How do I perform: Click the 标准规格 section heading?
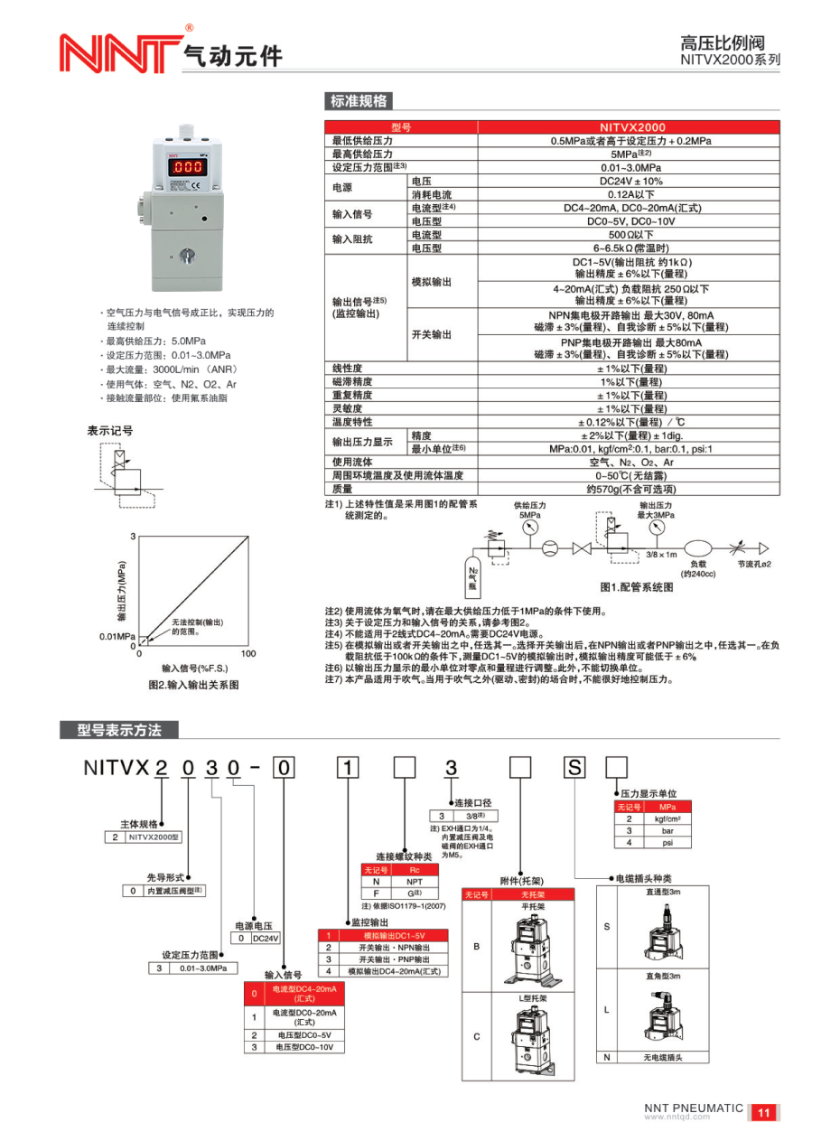coord(359,100)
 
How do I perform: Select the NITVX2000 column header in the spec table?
coord(632,127)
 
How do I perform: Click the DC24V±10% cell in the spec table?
coord(632,181)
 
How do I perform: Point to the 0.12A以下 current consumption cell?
coord(632,194)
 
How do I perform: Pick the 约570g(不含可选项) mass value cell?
coord(632,489)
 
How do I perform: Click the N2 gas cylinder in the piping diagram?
coord(471,577)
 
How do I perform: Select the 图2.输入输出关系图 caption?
coord(193,685)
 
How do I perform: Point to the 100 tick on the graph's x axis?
coord(248,653)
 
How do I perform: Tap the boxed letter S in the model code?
coord(574,769)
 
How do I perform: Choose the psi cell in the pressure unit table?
coord(667,842)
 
